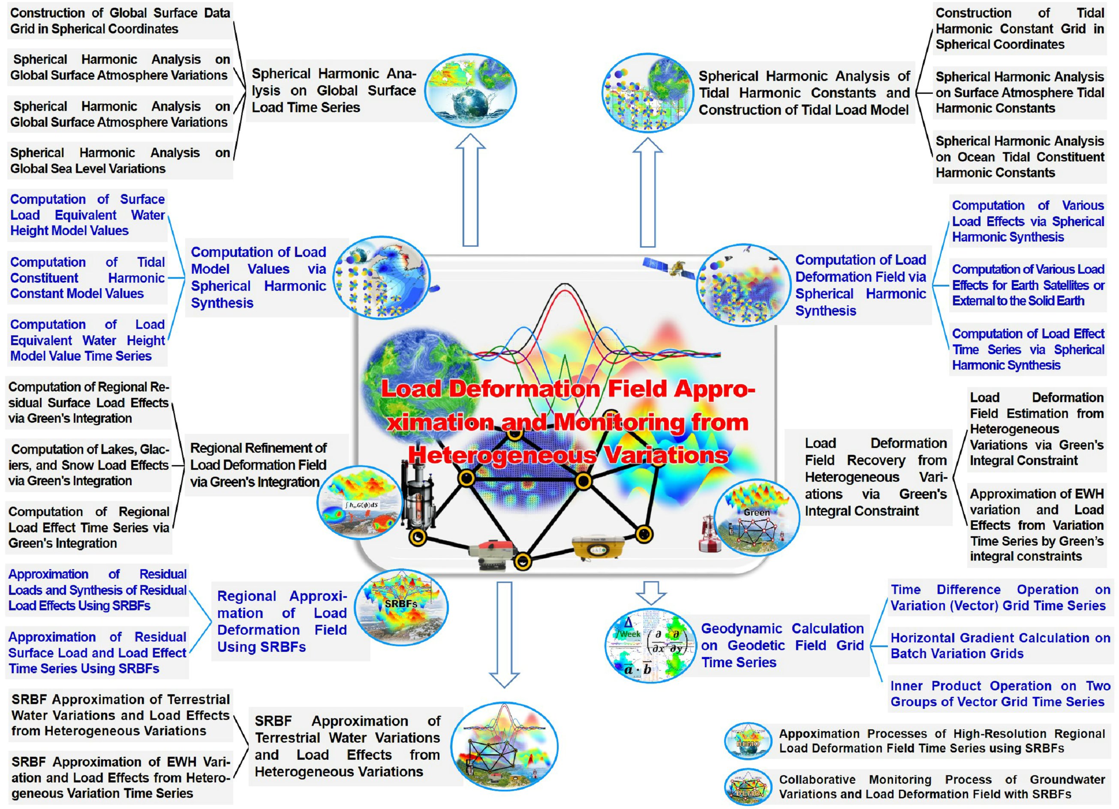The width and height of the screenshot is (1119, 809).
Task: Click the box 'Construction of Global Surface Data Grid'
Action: click(x=120, y=21)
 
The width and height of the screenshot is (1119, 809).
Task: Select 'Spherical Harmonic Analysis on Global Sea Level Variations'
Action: click(x=120, y=161)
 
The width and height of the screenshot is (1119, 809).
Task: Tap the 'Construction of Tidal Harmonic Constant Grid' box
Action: click(x=1020, y=29)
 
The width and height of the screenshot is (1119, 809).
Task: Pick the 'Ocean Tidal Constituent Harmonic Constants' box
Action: click(x=1020, y=157)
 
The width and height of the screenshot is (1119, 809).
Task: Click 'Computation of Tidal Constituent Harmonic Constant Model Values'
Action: click(x=87, y=278)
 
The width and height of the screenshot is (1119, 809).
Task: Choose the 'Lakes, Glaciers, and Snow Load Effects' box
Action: click(x=89, y=465)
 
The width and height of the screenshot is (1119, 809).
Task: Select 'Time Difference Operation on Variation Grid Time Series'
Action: click(x=1000, y=597)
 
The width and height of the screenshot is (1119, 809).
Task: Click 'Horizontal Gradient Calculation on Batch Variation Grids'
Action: click(x=1000, y=645)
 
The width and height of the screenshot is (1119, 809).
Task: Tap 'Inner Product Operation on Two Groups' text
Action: click(x=1000, y=686)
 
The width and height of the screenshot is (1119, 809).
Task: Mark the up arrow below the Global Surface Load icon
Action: click(x=470, y=190)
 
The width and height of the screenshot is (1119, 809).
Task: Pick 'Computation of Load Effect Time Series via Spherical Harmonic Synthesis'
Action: click(x=1028, y=349)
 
